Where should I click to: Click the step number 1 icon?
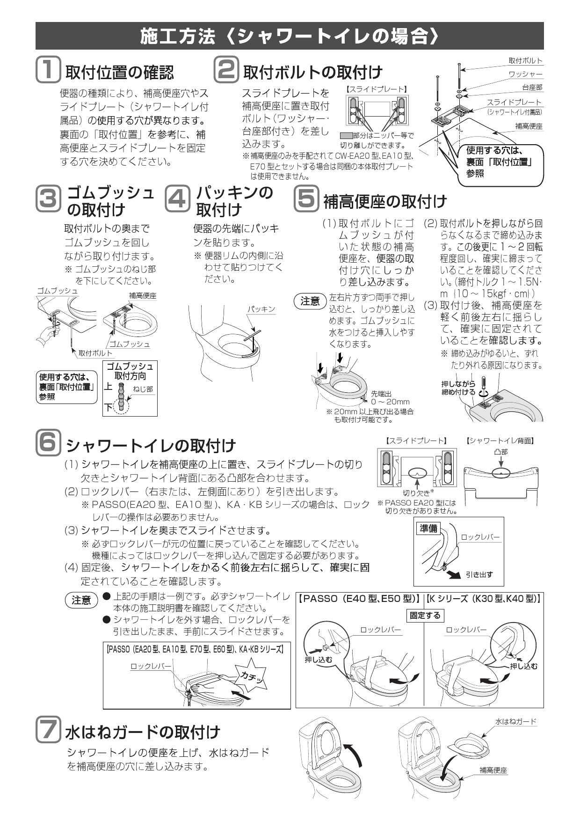click(x=48, y=70)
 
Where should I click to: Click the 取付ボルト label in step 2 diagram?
click(x=525, y=61)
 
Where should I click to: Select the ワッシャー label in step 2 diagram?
click(x=525, y=74)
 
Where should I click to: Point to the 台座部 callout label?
click(x=532, y=88)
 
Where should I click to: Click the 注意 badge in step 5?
click(x=310, y=301)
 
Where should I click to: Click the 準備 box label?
click(x=428, y=528)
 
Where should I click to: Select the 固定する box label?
click(x=425, y=615)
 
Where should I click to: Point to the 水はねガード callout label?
click(x=515, y=722)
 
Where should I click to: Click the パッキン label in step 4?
click(x=261, y=309)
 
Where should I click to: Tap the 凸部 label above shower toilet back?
click(x=500, y=452)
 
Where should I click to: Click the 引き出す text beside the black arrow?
click(x=479, y=574)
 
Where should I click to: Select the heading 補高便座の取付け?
click(x=385, y=202)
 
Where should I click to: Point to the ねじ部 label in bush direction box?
click(x=143, y=389)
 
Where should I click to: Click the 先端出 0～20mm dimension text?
click(x=390, y=398)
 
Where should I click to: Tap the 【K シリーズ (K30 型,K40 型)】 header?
click(x=484, y=598)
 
